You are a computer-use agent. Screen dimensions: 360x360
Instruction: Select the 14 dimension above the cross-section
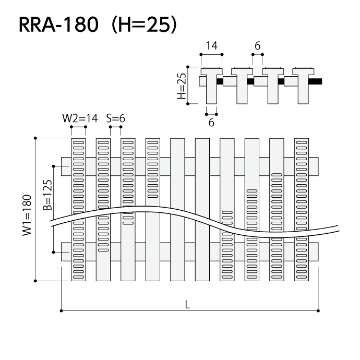[211, 46]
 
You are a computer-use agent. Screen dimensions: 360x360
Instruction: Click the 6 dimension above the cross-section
[257, 46]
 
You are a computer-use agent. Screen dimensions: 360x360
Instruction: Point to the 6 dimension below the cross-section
[211, 123]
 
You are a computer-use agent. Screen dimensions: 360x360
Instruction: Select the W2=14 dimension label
[80, 118]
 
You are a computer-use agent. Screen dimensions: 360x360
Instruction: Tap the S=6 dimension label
[115, 118]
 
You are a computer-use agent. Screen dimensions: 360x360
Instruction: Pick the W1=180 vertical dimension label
[27, 214]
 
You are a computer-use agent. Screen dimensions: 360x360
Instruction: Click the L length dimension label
[187, 305]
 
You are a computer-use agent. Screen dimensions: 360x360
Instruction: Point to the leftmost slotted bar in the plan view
[78, 209]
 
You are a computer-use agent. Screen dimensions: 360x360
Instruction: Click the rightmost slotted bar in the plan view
[302, 209]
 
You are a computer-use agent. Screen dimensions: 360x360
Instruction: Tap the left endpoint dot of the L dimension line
[62, 311]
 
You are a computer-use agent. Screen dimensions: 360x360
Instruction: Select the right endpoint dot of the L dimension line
[318, 311]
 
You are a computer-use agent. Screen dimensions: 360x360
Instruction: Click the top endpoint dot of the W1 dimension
[35, 138]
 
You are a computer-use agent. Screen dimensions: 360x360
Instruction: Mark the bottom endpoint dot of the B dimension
[54, 253]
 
